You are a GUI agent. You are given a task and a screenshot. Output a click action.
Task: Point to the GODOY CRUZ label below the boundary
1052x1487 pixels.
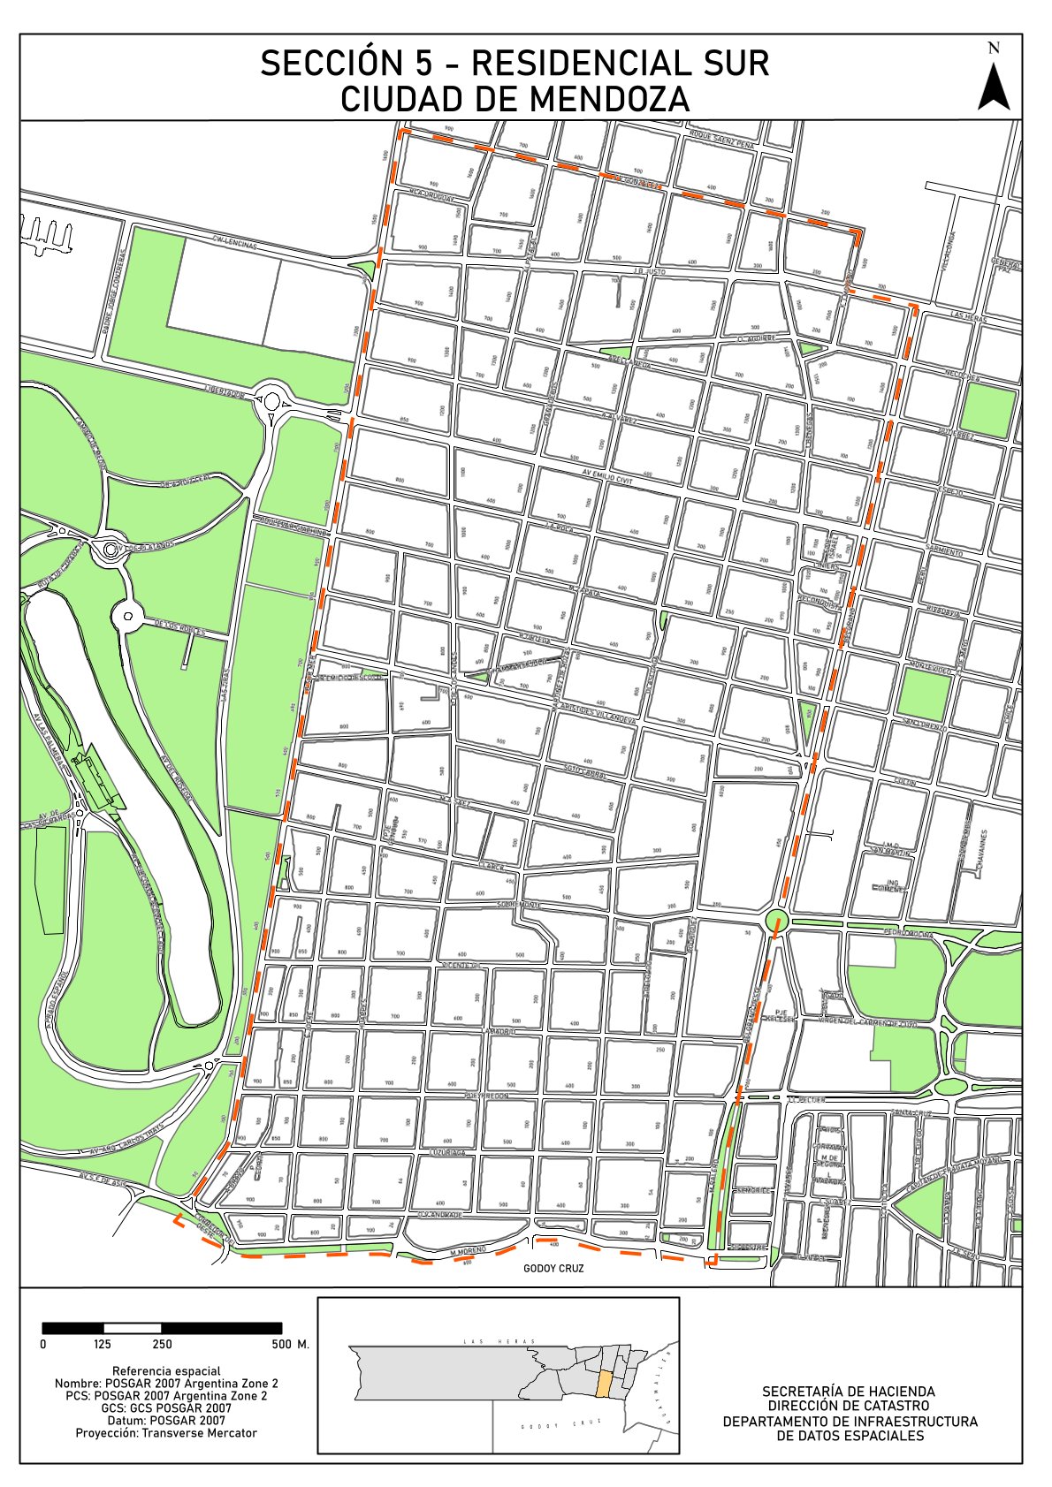(553, 1268)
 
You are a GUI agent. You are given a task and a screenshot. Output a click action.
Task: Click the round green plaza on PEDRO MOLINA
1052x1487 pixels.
(777, 920)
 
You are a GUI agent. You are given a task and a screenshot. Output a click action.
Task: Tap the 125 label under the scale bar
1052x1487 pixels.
(103, 1345)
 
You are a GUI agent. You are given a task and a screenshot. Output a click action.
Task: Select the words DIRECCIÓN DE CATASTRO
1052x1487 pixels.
(849, 1406)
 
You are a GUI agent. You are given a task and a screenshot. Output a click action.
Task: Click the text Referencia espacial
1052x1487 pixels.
(166, 1371)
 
